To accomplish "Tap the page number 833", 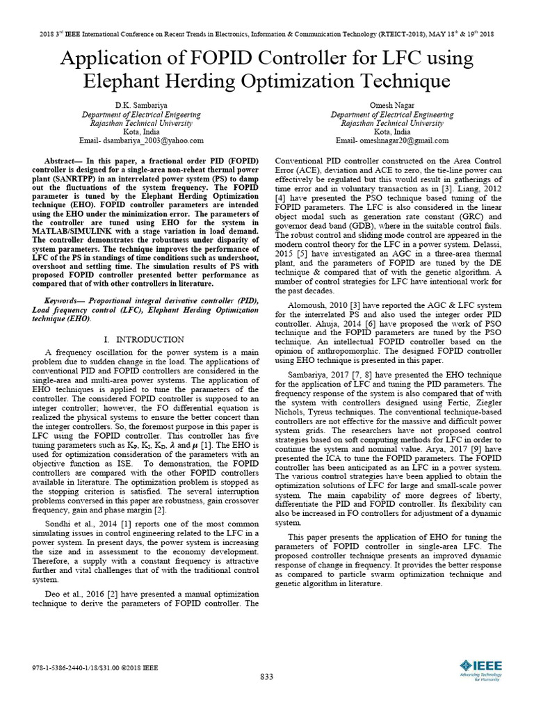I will [x=266, y=677].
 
